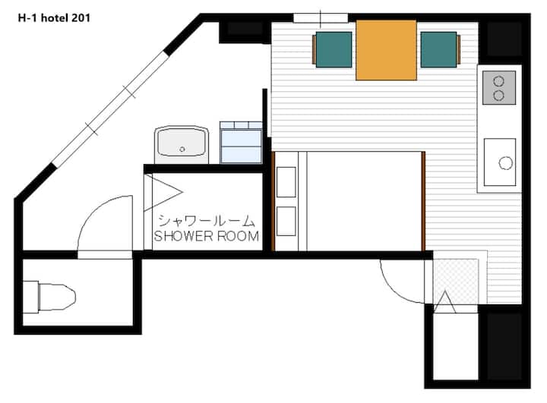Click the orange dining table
[386, 50]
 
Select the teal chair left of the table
[334, 49]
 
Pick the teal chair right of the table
[440, 49]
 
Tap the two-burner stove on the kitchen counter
[499, 88]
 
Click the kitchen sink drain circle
[505, 163]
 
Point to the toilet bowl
[57, 297]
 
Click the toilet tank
[30, 297]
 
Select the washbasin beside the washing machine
[182, 145]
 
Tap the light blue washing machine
[241, 142]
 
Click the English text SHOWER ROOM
[207, 236]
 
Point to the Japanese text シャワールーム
[207, 221]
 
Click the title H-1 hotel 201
[54, 18]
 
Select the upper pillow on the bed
[286, 182]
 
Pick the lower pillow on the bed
[286, 221]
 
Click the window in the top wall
[321, 17]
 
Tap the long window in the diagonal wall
[111, 109]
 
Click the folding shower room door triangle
[163, 193]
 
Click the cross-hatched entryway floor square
[456, 281]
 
